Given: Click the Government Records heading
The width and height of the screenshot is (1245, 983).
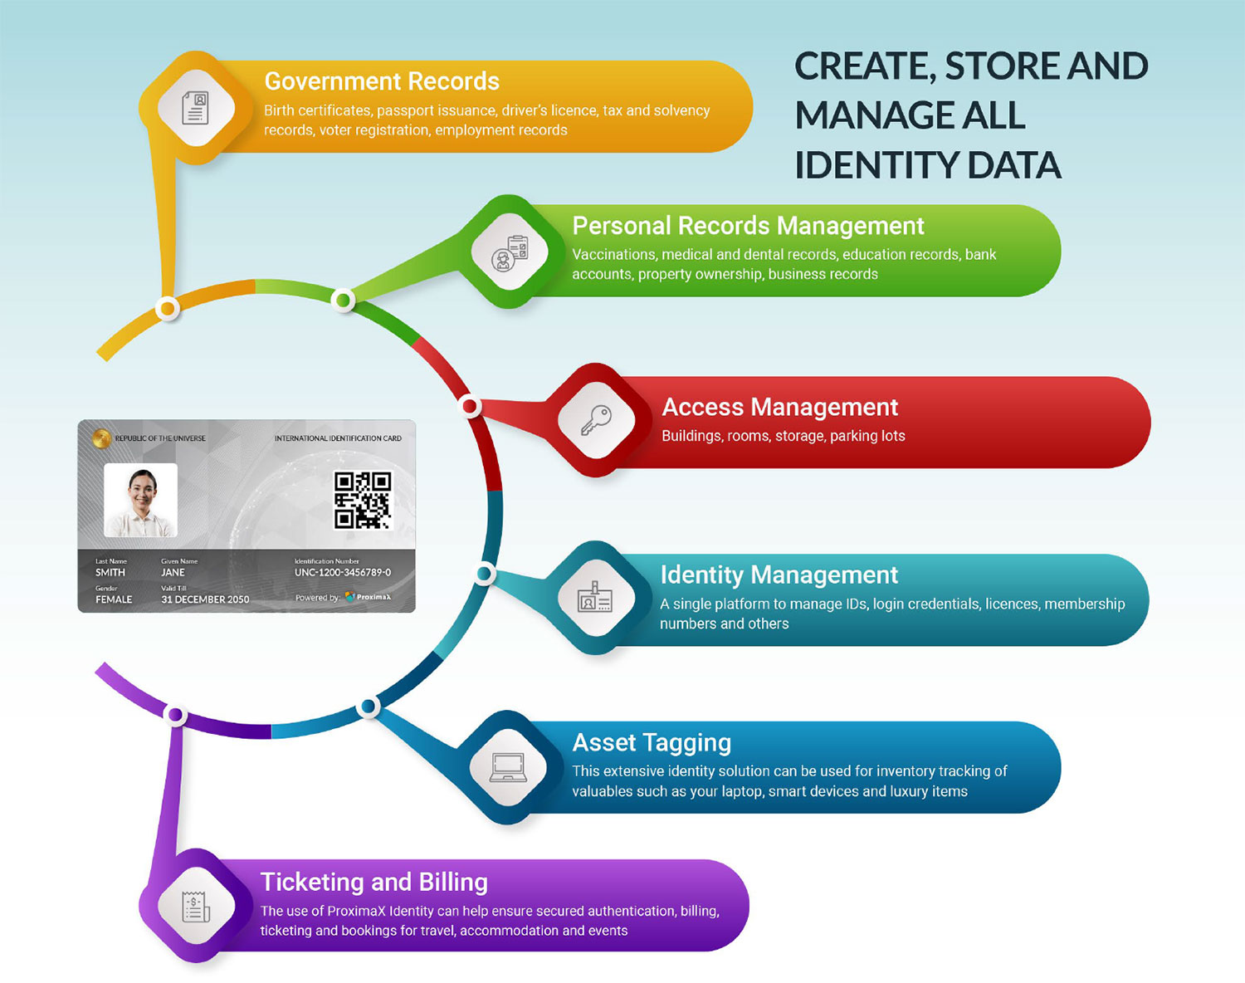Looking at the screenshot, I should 382,81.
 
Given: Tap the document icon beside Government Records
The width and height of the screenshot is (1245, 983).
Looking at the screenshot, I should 196,108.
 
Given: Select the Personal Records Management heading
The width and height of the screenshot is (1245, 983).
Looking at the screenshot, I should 748,226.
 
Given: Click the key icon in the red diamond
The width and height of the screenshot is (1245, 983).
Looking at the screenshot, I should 596,420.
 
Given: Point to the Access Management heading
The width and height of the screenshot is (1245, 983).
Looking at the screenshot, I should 779,407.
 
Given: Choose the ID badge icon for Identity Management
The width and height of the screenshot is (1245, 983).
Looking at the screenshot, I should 594,598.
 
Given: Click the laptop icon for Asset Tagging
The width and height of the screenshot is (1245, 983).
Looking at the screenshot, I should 508,767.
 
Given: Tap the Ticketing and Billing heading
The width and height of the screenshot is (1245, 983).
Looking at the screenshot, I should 373,882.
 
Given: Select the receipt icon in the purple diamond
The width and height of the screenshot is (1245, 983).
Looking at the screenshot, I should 196,906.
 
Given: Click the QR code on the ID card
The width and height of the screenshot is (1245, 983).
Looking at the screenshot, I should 363,500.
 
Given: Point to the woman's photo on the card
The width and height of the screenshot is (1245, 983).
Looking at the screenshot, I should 140,500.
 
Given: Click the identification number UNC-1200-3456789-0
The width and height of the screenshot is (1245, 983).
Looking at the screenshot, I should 342,573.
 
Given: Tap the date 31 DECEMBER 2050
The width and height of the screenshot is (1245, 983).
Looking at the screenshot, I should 205,599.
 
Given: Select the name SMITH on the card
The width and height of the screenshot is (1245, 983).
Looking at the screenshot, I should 110,573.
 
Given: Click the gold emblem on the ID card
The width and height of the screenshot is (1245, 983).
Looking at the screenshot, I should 101,438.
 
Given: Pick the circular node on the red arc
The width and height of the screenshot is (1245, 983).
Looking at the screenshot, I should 470,406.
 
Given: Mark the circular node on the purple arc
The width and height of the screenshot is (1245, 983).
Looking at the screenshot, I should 175,714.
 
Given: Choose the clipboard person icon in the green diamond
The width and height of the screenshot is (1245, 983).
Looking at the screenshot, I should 510,252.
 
